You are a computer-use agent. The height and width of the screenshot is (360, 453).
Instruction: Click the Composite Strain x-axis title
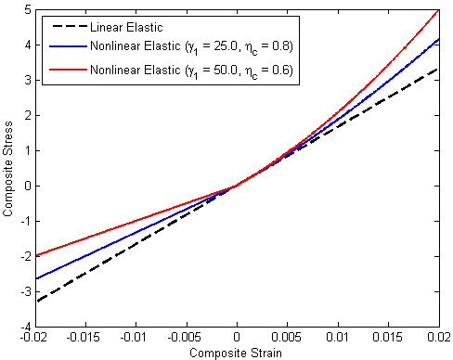coord(237,353)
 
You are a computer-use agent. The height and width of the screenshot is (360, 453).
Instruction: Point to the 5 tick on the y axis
coord(25,9)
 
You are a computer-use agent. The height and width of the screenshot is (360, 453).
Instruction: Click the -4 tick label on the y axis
coord(23,328)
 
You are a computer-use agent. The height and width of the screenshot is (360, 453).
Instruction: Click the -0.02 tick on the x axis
coord(35,338)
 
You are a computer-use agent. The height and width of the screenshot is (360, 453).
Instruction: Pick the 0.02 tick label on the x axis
coord(438,338)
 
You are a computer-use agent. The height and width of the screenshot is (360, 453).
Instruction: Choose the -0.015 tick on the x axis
coord(85,338)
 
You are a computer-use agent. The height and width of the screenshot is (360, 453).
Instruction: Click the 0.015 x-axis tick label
coord(387,338)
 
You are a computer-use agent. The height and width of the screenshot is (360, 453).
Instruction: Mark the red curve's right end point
coord(438,9)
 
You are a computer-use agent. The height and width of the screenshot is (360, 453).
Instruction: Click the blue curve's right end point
coord(438,39)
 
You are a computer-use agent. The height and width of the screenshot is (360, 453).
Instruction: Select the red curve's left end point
coord(35,256)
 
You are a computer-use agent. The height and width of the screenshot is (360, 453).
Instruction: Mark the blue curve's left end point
coord(35,278)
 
